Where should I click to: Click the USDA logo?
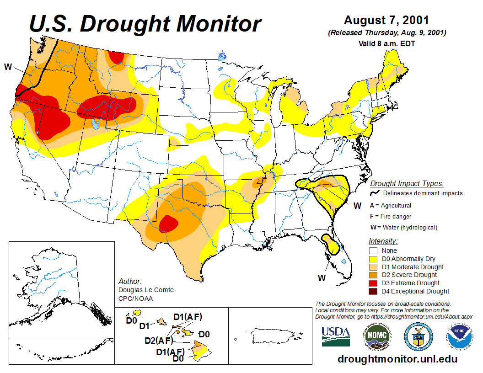[x=336, y=336]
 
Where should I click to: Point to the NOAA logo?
[x=461, y=336]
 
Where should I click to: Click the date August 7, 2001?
[x=386, y=21]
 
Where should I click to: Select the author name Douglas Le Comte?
[x=146, y=290]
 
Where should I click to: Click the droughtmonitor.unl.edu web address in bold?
[x=397, y=359]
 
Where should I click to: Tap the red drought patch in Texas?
[x=169, y=224]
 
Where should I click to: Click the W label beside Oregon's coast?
[x=8, y=67]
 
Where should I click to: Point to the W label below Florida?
[x=322, y=277]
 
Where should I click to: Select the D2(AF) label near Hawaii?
[x=159, y=340]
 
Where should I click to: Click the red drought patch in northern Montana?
[x=116, y=57]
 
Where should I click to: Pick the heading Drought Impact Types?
[x=407, y=184]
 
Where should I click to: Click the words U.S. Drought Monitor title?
[x=145, y=24]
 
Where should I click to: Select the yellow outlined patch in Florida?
[x=332, y=245]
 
